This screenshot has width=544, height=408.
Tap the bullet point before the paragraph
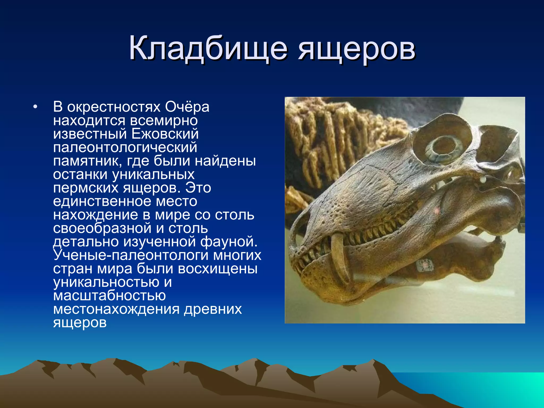[35, 107]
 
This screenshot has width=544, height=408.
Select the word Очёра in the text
[187, 107]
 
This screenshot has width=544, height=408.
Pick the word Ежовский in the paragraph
[165, 134]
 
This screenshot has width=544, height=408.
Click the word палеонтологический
[125, 148]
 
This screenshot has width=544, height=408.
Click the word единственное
[102, 201]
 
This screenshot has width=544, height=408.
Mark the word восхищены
[218, 269]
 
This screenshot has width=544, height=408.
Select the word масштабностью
[109, 296]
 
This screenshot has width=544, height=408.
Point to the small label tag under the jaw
[424, 265]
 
